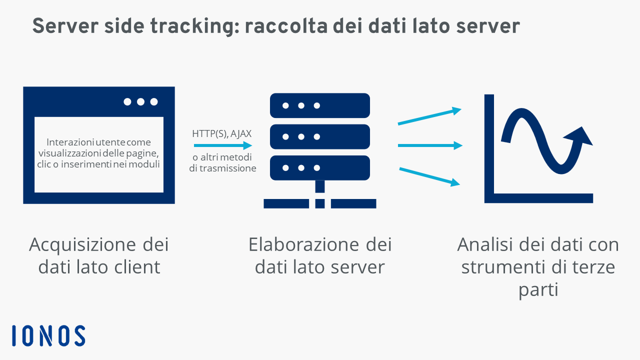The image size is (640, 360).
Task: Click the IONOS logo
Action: click(48, 335)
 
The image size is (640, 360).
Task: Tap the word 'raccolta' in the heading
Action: click(286, 26)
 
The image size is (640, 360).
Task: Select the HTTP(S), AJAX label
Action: click(221, 133)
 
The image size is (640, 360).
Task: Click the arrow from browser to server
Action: click(223, 145)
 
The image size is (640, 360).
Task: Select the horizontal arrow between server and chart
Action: click(430, 145)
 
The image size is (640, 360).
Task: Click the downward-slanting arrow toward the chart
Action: click(429, 177)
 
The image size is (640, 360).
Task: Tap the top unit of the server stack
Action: click(319, 105)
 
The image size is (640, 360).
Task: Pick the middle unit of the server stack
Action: click(319, 136)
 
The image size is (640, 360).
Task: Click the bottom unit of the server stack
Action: click(319, 167)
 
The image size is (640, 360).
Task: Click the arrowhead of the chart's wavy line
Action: click(579, 136)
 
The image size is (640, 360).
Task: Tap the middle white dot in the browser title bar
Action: click(140, 101)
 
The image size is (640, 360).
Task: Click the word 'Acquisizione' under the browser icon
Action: click(82, 245)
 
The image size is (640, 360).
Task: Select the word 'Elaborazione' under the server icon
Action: click(303, 244)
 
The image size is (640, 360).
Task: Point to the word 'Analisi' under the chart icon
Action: click(485, 244)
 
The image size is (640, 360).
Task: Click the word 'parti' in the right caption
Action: click(538, 290)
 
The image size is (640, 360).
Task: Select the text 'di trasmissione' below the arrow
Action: click(222, 168)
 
